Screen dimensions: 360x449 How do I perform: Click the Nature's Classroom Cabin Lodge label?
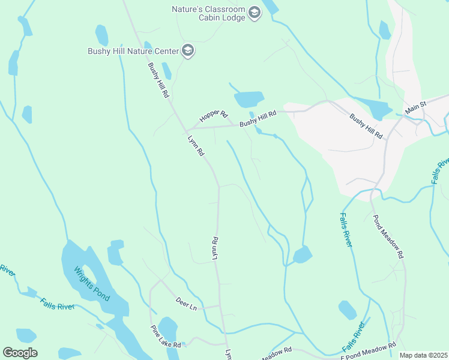pos(208,14)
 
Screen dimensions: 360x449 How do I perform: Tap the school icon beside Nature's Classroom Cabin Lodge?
pos(254,13)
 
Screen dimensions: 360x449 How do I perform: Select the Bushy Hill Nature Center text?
pos(133,50)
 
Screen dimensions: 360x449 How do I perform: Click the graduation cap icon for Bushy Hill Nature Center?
pos(188,50)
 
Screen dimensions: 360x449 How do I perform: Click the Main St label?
pos(415,109)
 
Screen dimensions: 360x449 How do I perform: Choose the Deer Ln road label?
pos(186,304)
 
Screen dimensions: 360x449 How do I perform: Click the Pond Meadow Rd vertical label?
pos(388,237)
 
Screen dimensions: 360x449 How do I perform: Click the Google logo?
pos(20,353)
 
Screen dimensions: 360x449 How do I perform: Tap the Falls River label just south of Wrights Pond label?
pos(57,303)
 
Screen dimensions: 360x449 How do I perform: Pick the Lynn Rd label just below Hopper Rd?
pos(196,146)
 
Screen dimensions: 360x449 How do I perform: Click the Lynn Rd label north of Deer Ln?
pos(214,248)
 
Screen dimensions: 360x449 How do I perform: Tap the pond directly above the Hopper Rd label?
pos(249,99)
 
